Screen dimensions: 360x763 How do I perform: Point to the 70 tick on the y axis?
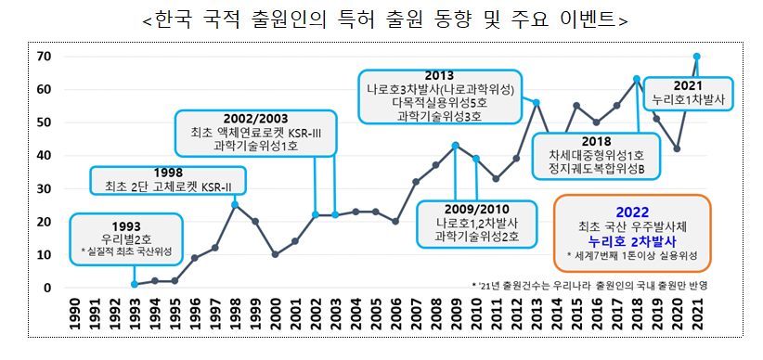tap(44, 57)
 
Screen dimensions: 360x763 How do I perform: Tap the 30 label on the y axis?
tap(44, 189)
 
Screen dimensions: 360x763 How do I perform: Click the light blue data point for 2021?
tap(697, 57)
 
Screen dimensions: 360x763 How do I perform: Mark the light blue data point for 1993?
tap(135, 284)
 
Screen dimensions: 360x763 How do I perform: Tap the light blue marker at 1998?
tap(235, 205)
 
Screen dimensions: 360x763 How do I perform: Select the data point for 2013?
tap(537, 102)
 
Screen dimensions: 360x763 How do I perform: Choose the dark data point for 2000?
tap(275, 254)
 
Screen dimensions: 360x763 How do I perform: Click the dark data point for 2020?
tap(677, 148)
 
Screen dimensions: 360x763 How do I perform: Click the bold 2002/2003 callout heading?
tap(255, 119)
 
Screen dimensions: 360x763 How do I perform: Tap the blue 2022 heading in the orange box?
tap(630, 210)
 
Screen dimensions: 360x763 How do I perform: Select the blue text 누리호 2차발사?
tap(630, 240)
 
